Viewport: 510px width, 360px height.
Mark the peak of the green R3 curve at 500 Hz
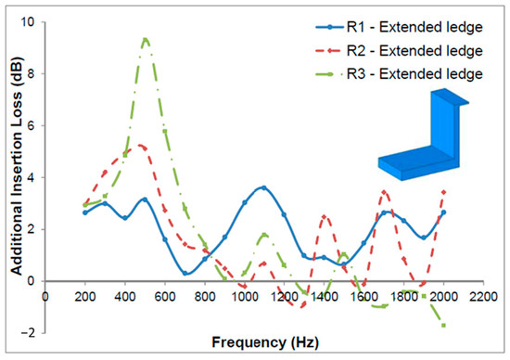click(145, 39)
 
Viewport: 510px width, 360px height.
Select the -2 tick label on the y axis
click(30, 333)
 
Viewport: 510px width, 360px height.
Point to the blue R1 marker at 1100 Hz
click(264, 187)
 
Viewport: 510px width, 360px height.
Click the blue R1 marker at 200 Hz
click(85, 212)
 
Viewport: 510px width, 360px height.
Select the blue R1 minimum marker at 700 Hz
click(185, 273)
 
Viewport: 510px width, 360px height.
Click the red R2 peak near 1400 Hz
click(325, 216)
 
